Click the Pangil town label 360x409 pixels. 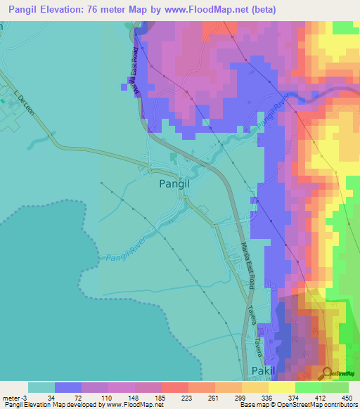[x=175, y=183]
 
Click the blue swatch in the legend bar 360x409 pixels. [x=68, y=387]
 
